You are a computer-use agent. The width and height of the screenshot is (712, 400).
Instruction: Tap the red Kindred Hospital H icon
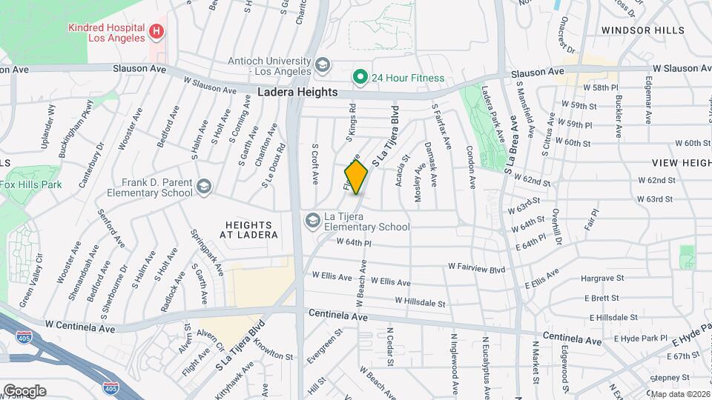(x=156, y=32)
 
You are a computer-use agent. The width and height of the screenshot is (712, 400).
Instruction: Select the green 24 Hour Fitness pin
(x=360, y=77)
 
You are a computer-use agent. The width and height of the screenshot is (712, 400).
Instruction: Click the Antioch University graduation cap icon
(x=322, y=65)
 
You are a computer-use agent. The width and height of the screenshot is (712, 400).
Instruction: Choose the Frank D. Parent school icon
(x=203, y=186)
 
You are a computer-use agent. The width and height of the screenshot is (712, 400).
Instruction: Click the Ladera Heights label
(x=297, y=93)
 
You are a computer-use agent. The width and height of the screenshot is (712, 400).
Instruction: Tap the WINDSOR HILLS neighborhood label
(x=642, y=30)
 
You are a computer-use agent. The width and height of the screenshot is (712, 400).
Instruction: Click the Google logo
(x=24, y=390)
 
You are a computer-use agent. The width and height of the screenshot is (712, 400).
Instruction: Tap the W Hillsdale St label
(x=420, y=302)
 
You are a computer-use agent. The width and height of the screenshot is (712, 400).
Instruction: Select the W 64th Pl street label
(x=353, y=242)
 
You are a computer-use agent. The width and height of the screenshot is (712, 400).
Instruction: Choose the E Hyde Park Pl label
(x=642, y=339)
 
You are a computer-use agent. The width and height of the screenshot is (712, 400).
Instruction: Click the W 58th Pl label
(x=580, y=87)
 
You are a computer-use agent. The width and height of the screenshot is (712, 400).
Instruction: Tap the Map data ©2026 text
(x=680, y=394)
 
